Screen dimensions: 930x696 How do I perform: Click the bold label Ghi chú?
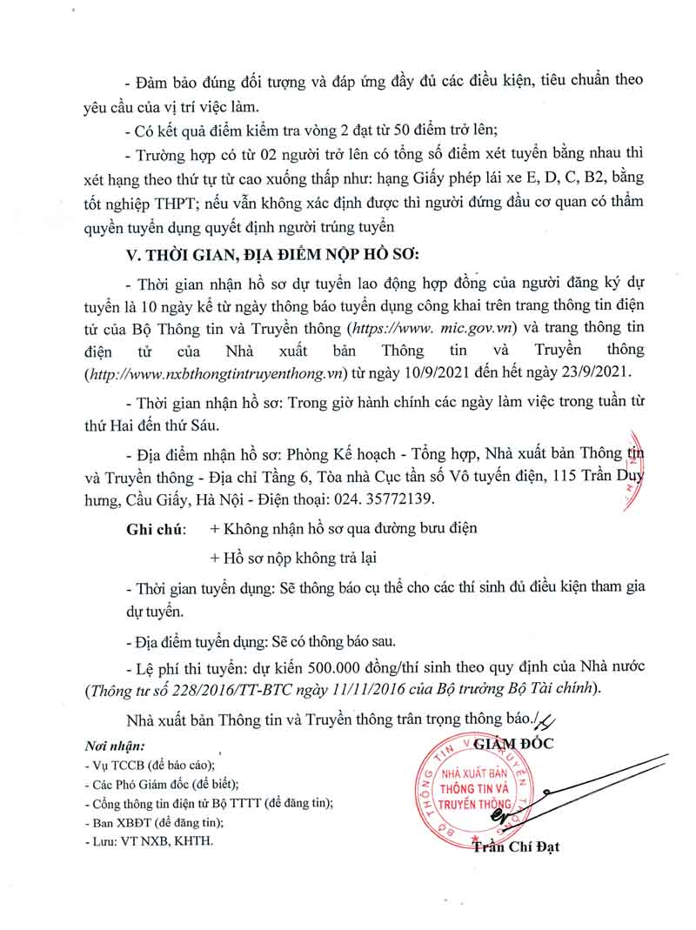point(155,528)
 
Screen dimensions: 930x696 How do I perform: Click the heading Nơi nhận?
point(115,746)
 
